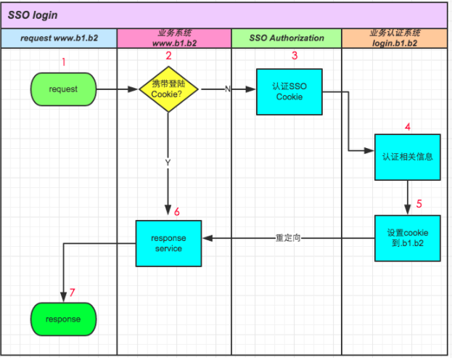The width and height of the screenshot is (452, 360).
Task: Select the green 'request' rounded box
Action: tap(63, 90)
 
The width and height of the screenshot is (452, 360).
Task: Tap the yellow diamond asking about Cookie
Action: tap(168, 90)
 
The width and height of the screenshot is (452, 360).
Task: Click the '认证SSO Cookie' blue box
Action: tap(289, 91)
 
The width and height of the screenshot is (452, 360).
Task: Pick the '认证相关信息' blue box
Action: tap(407, 156)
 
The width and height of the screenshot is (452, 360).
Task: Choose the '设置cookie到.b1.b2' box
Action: tap(407, 238)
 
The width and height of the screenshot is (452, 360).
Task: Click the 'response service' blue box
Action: tap(168, 242)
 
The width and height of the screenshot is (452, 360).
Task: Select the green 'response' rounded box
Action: tap(63, 319)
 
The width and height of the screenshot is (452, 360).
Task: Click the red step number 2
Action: tap(168, 56)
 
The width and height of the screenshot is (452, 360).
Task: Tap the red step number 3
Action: tap(294, 56)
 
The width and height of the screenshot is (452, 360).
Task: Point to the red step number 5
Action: tap(419, 204)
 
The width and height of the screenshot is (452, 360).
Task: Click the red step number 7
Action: tap(72, 293)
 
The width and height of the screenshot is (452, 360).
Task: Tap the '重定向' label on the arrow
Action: tap(288, 237)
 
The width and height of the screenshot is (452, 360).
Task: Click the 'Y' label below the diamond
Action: tap(168, 163)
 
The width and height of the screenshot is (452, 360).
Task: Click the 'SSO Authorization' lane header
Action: tap(287, 38)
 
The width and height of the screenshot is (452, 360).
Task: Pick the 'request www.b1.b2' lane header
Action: tap(58, 38)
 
